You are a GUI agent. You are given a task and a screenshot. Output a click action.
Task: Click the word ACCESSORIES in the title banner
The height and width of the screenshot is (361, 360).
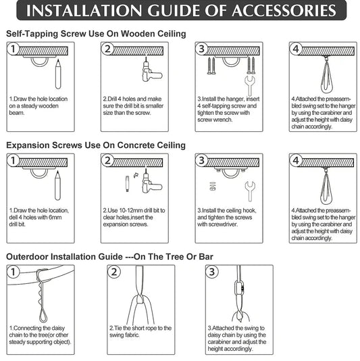(x=284, y=11)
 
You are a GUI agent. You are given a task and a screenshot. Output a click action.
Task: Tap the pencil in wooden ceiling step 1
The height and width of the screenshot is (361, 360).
(x=58, y=74)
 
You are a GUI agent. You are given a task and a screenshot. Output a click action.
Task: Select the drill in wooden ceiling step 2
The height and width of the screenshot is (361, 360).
(x=151, y=70)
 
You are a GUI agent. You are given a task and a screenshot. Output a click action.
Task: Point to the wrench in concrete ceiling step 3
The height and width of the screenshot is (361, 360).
(x=250, y=191)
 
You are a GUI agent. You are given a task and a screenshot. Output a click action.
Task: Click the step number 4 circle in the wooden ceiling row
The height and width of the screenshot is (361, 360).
(x=296, y=49)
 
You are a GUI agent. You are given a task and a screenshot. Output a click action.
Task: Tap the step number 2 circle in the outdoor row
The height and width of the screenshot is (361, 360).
(x=114, y=272)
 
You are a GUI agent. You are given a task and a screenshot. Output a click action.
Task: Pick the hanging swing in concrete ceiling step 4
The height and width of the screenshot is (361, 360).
(x=326, y=188)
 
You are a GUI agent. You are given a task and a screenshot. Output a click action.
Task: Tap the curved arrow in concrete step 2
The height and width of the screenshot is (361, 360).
(x=136, y=175)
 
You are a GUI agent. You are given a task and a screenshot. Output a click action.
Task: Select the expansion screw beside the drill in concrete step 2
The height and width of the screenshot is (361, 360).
(x=128, y=184)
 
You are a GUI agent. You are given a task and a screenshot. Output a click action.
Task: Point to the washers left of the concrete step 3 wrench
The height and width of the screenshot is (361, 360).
(x=213, y=186)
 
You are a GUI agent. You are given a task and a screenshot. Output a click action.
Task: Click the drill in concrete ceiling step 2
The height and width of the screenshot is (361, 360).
(x=151, y=182)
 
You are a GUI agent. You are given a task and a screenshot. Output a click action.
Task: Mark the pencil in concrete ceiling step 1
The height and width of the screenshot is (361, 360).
(x=57, y=185)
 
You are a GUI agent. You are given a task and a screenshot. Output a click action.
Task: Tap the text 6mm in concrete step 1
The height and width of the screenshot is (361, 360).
(x=55, y=217)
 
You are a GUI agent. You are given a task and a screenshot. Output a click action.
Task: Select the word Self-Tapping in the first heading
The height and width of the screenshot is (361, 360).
(x=32, y=34)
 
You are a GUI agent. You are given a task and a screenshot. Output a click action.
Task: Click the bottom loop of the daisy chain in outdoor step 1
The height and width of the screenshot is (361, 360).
(x=43, y=316)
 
